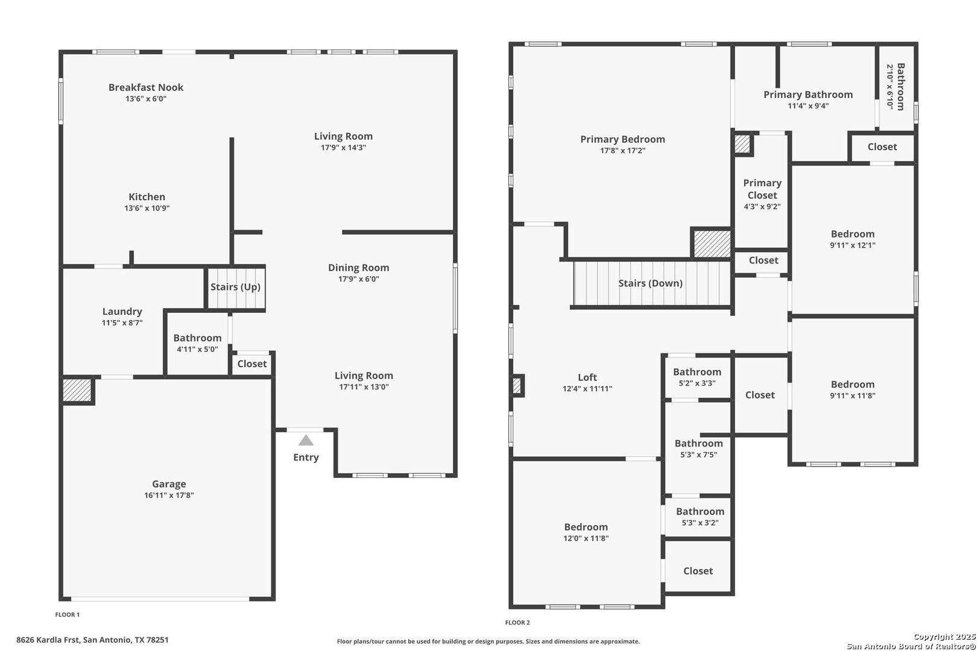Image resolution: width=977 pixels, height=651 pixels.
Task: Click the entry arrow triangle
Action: click(306, 441)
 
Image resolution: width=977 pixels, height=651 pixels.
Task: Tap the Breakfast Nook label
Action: click(146, 87)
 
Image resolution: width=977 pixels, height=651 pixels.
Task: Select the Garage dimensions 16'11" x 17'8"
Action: click(169, 495)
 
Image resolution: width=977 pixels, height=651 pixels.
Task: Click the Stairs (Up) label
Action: click(236, 287)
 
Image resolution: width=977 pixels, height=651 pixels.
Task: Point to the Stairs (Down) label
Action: click(650, 283)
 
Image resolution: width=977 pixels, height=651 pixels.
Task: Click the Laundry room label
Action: click(122, 311)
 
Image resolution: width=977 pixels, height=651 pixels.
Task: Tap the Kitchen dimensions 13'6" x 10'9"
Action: click(147, 209)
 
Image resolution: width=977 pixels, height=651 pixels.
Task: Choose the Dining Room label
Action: click(358, 268)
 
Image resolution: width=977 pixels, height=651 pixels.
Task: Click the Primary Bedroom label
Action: click(622, 139)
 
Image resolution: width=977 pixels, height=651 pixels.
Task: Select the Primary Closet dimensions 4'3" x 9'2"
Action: click(762, 207)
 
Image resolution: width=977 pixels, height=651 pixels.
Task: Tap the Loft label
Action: click(587, 377)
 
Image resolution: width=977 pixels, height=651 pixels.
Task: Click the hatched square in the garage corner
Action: click(77, 390)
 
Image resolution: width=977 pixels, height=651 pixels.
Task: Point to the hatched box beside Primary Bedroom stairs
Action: click(712, 244)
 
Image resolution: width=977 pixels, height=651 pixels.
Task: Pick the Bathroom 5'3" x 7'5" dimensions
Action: click(699, 454)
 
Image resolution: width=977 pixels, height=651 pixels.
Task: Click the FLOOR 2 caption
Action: click(517, 623)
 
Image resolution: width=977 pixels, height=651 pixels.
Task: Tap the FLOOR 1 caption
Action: click(67, 615)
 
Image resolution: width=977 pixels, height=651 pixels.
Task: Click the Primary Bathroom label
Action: click(808, 95)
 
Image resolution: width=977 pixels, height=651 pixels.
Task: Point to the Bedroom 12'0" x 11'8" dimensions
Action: click(586, 538)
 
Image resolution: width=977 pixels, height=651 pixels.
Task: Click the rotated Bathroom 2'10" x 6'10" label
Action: click(896, 87)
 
